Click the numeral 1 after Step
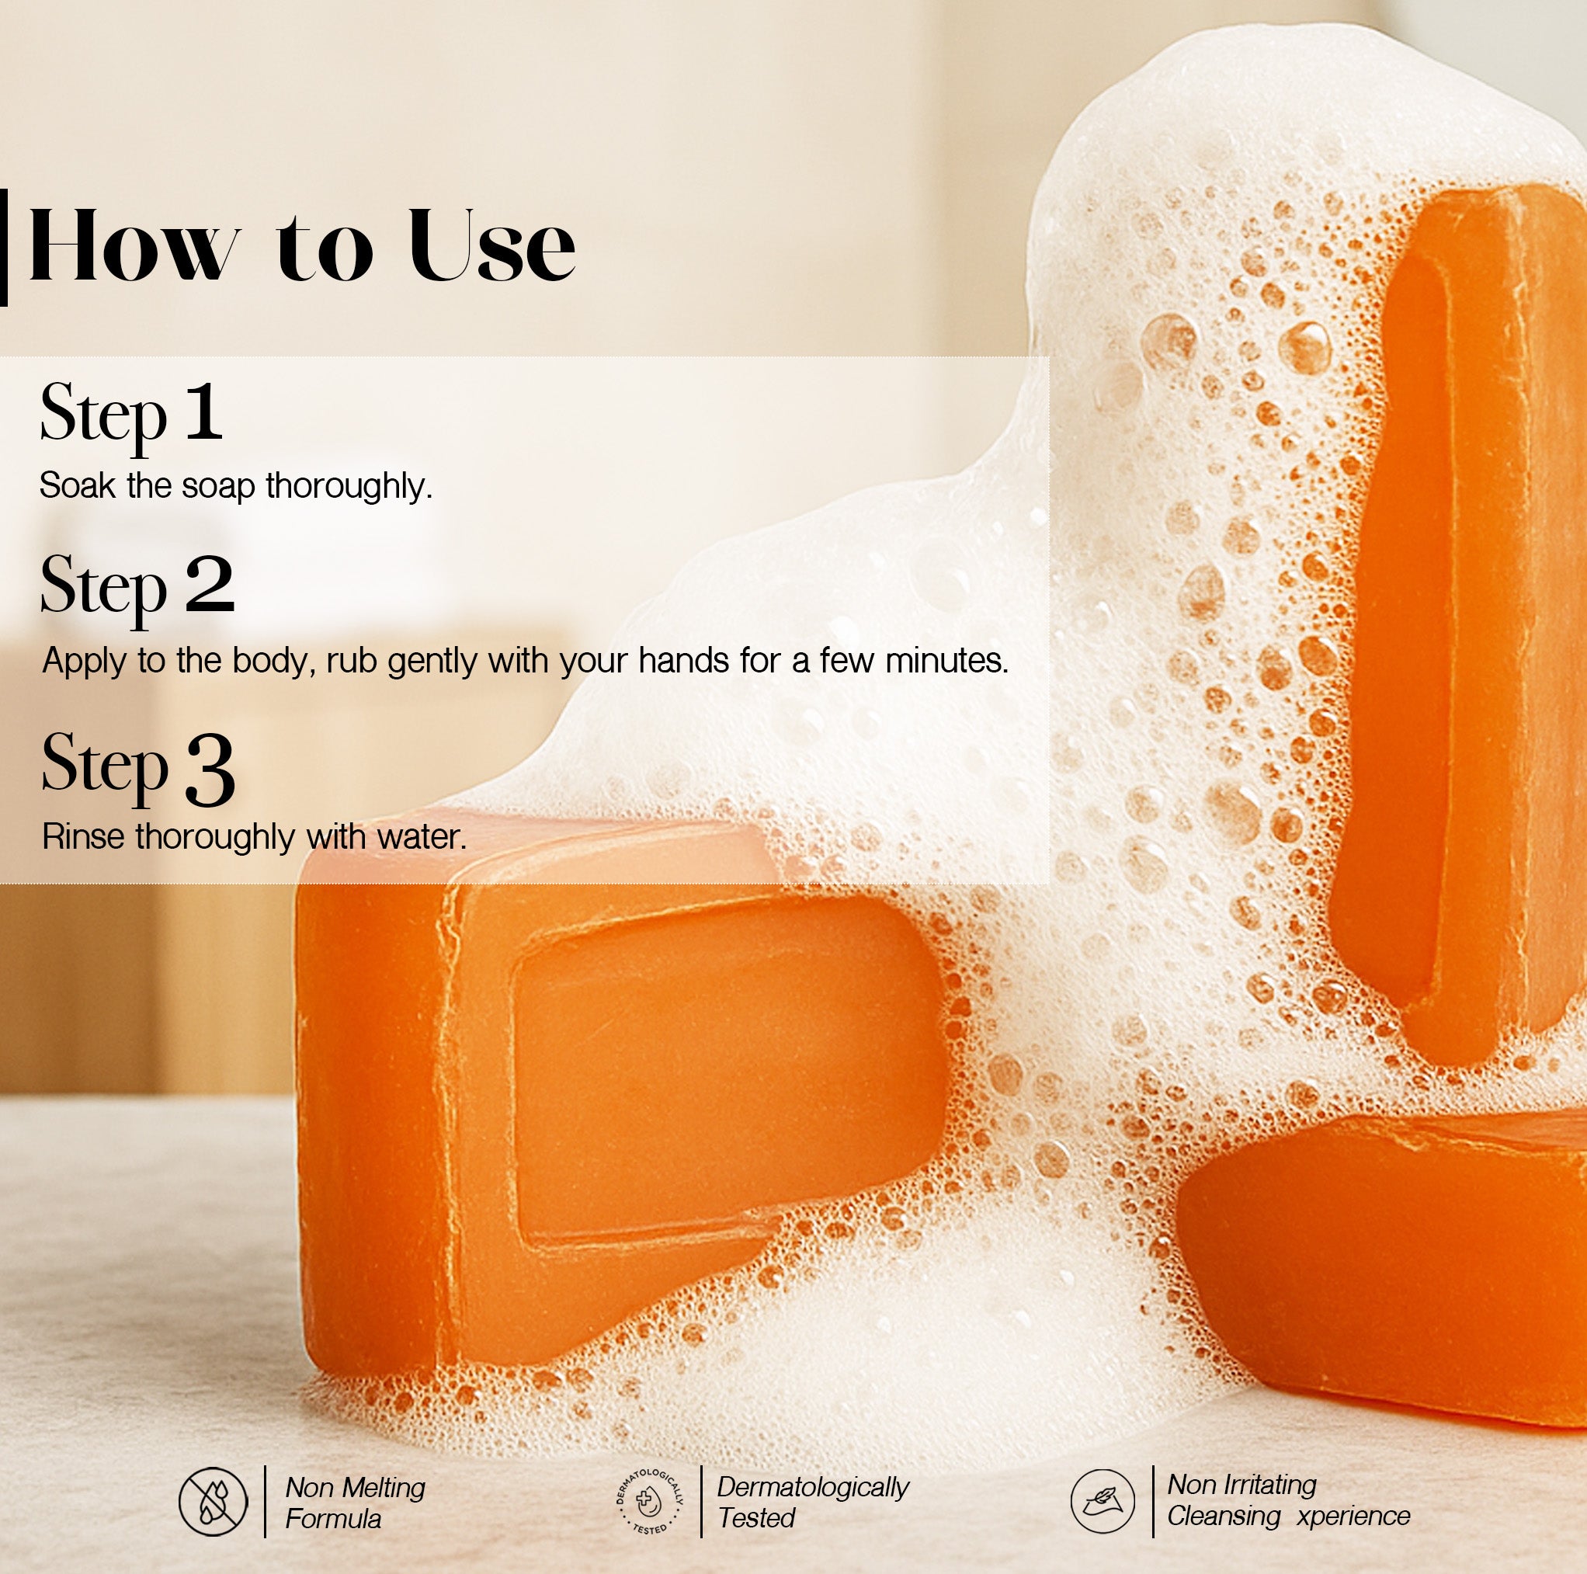click(x=203, y=411)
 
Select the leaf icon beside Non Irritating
click(x=1103, y=1501)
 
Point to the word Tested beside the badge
click(x=755, y=1518)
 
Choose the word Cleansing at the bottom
click(x=1224, y=1516)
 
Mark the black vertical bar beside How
click(x=3, y=247)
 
